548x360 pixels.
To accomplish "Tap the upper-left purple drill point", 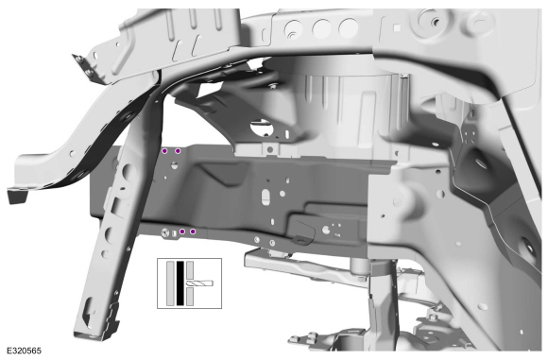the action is (x=164, y=151).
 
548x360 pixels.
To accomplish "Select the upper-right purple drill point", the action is (x=178, y=151).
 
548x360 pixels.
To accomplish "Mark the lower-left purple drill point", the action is (x=182, y=231).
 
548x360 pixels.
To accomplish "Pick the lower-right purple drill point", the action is (x=193, y=231).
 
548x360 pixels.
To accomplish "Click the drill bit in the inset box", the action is (x=199, y=283).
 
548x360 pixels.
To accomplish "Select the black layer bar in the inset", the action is (x=180, y=283).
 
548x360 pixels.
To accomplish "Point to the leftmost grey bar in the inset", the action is (x=170, y=283).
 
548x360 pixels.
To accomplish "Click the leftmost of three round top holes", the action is (x=293, y=29).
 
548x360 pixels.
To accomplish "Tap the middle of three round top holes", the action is (x=321, y=28).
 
